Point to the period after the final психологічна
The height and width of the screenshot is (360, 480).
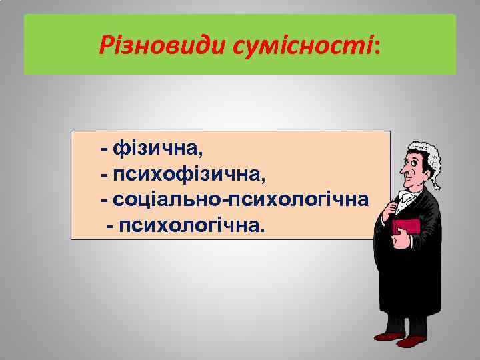(262, 229)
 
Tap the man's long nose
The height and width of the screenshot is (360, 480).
(403, 171)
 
